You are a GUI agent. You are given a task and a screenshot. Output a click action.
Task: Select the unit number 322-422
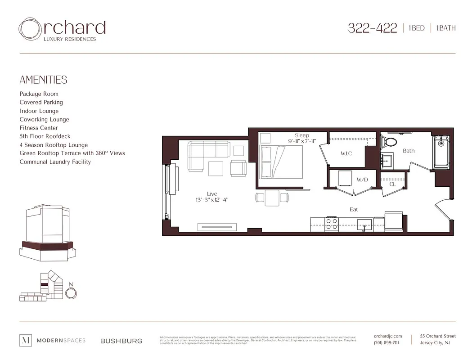pyautogui.click(x=372, y=28)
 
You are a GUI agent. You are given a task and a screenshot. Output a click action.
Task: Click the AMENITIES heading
pyautogui.click(x=43, y=80)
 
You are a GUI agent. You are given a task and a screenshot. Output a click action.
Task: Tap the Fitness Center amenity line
pyautogui.click(x=39, y=128)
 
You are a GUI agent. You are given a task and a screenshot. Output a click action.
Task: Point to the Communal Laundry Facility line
pyautogui.click(x=55, y=162)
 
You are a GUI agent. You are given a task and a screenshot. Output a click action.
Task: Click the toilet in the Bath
pyautogui.click(x=388, y=142)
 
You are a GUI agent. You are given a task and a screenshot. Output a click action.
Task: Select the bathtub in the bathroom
pyautogui.click(x=441, y=153)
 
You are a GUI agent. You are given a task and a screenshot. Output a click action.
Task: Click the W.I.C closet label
pyautogui.click(x=346, y=154)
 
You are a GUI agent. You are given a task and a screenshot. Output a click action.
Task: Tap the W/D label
pyautogui.click(x=362, y=180)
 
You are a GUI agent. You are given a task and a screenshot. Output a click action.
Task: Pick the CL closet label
pyautogui.click(x=392, y=184)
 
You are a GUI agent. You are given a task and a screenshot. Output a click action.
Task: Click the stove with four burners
pyautogui.click(x=332, y=223)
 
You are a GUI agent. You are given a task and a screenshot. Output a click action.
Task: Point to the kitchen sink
pyautogui.click(x=364, y=224)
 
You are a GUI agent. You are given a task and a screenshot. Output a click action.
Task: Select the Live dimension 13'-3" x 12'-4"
pyautogui.click(x=212, y=200)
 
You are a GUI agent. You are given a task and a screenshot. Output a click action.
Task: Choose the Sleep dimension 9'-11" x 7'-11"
pyautogui.click(x=302, y=141)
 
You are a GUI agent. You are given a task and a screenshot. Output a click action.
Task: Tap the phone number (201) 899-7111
pyautogui.click(x=386, y=343)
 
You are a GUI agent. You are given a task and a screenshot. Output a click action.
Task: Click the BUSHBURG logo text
pyautogui.click(x=121, y=341)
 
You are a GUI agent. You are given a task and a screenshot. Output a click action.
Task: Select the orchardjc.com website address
pyautogui.click(x=387, y=336)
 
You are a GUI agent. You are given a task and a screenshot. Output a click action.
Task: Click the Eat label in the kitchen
pyautogui.click(x=354, y=209)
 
